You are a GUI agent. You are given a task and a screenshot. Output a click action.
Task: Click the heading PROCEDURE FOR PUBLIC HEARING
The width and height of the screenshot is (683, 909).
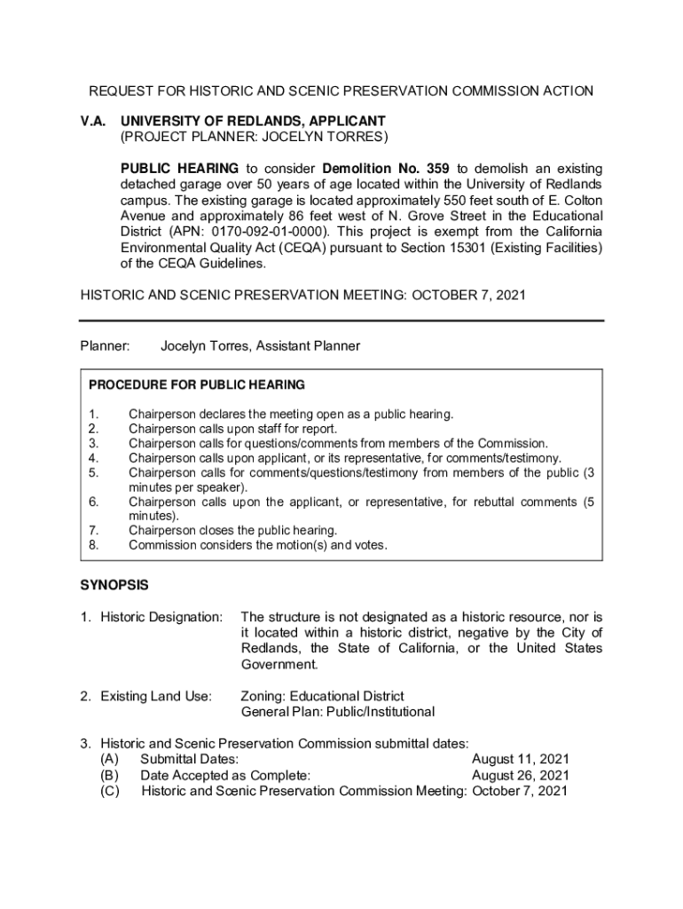click(x=197, y=385)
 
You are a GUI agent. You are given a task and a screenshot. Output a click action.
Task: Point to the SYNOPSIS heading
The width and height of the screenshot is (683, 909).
click(x=114, y=585)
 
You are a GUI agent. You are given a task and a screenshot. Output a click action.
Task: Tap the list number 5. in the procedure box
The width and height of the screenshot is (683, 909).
click(x=94, y=472)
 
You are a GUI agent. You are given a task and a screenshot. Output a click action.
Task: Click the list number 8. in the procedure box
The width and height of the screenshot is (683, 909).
click(x=94, y=545)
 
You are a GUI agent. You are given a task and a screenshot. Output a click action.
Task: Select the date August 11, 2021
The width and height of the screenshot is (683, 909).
click(x=521, y=759)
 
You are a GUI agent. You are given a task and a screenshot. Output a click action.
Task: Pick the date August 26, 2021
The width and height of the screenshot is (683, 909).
click(x=521, y=775)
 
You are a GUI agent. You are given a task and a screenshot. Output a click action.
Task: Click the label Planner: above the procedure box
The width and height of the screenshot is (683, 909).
click(x=106, y=346)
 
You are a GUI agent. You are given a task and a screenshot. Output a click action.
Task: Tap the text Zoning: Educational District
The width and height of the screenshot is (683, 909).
click(x=322, y=696)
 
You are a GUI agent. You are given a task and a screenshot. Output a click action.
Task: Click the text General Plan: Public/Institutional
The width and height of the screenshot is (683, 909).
click(x=338, y=712)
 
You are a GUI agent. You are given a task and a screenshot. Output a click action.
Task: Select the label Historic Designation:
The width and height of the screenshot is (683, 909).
click(x=161, y=616)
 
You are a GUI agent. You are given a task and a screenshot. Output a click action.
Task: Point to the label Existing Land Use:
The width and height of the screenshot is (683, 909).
click(x=155, y=696)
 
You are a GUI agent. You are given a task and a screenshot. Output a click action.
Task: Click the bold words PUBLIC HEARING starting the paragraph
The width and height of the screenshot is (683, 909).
click(x=179, y=168)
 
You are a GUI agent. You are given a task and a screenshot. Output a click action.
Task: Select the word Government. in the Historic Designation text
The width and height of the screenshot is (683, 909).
click(x=279, y=664)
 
